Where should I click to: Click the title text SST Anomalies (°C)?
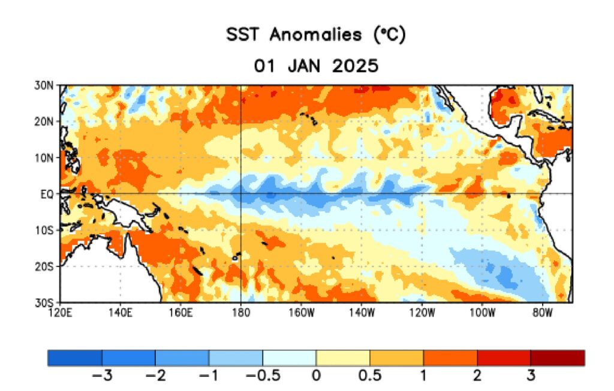[x=315, y=35]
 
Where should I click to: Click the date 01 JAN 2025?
[x=315, y=65]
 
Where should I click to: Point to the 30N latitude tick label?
[x=46, y=85]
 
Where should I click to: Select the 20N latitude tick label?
[x=46, y=121]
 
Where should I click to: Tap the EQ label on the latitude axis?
[x=48, y=194]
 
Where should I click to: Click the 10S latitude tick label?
[x=46, y=230]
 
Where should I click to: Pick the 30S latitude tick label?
[x=46, y=302]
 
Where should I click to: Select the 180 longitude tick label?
[x=240, y=312]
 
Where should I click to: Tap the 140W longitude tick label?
[x=361, y=312]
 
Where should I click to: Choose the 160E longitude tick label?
[x=180, y=312]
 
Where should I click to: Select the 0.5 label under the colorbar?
[x=369, y=377]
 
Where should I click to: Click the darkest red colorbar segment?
[x=557, y=358]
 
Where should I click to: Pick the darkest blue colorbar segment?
[x=74, y=358]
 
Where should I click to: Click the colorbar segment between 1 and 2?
[x=450, y=358]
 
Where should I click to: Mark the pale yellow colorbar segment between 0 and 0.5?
[x=342, y=358]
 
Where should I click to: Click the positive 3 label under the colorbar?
[x=531, y=377]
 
